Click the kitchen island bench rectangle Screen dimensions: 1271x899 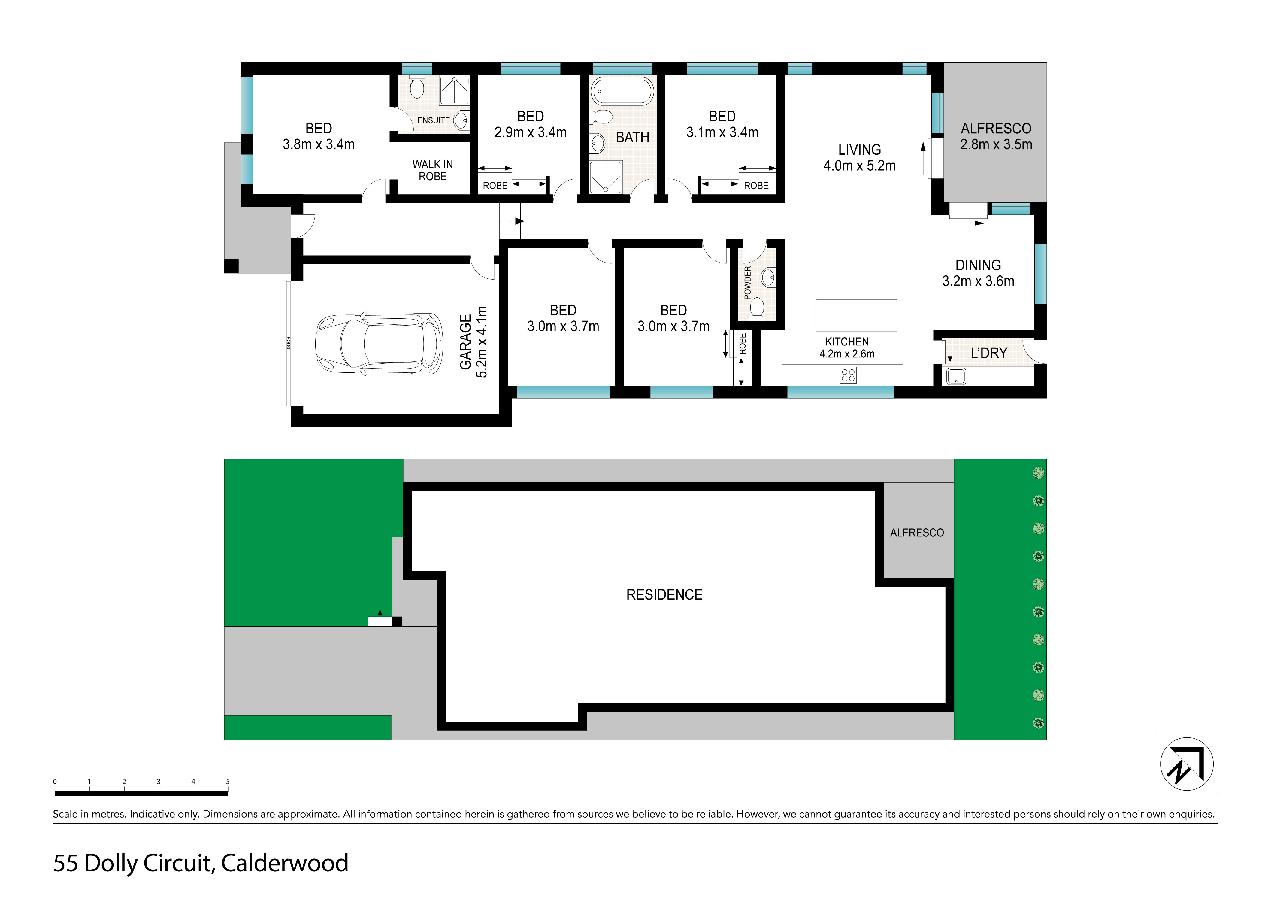click(x=856, y=315)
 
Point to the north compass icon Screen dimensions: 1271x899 click(x=1187, y=764)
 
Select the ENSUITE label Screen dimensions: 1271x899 click(x=434, y=120)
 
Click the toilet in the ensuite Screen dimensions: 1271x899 click(x=417, y=87)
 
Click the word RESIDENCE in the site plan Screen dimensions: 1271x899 click(x=664, y=595)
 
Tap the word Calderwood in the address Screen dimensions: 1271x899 click(x=285, y=863)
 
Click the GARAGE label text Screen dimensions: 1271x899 click(x=466, y=342)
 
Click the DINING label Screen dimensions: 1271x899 click(x=978, y=265)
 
